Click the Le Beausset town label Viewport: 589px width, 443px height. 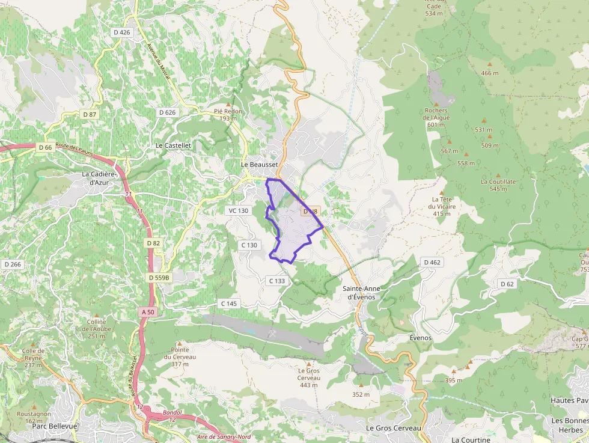[259, 164]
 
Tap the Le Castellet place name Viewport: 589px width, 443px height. [173, 145]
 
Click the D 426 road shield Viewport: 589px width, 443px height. [121, 32]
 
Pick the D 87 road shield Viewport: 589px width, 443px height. [90, 114]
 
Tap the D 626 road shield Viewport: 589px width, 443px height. [168, 112]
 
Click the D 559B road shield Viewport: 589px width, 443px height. [160, 278]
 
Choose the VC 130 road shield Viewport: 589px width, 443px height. [239, 210]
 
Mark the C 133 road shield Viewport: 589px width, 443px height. [277, 281]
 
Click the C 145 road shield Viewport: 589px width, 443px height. [230, 304]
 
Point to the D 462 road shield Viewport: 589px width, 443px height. [432, 262]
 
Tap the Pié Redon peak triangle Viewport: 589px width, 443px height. [228, 104]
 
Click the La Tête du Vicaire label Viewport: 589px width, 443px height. [442, 206]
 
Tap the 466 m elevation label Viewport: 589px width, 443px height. [490, 73]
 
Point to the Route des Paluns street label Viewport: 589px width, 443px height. [75, 149]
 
